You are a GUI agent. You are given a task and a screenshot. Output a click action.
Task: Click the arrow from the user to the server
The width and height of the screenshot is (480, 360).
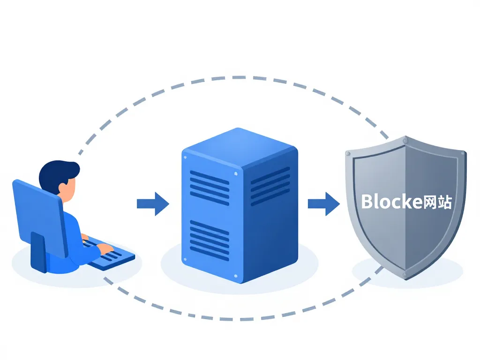click(x=152, y=203)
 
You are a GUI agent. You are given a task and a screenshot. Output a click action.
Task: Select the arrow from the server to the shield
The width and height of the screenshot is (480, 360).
click(x=323, y=203)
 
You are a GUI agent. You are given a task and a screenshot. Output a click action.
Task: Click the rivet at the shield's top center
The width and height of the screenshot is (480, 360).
click(x=406, y=140)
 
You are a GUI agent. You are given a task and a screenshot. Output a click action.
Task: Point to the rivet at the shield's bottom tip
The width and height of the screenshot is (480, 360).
click(x=406, y=275)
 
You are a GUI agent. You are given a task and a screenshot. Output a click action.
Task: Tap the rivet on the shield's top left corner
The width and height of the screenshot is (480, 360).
click(x=347, y=153)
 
